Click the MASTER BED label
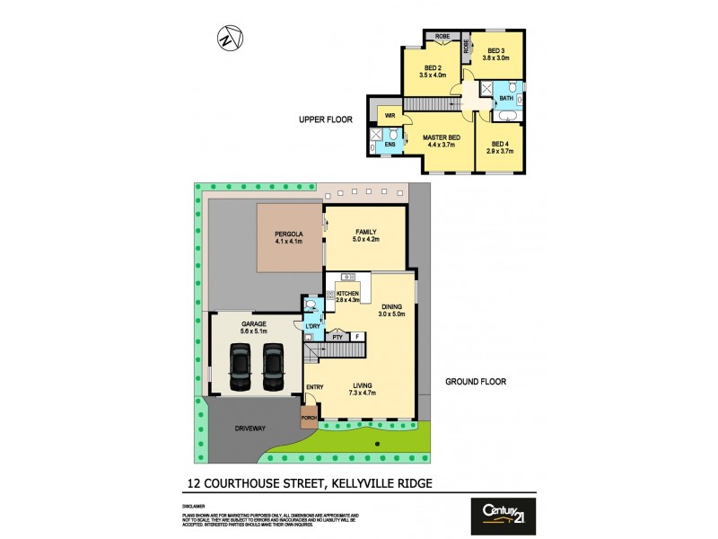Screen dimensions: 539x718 point(440,137)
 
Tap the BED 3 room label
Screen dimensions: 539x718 point(496,50)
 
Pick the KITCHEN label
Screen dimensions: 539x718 point(348,294)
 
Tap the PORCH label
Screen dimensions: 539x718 point(309,418)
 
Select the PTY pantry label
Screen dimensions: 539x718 point(338,337)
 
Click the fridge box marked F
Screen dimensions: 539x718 point(358,337)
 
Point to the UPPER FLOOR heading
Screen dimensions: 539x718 point(326,119)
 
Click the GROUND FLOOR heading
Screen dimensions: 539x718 point(476,382)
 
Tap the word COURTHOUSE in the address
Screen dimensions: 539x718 point(254,482)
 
